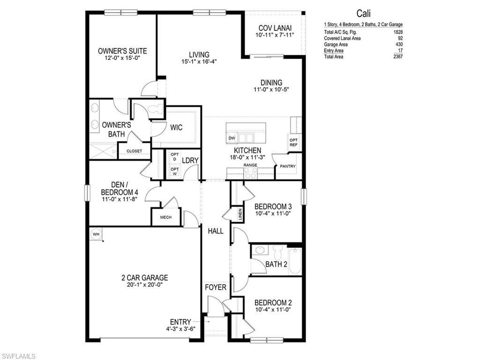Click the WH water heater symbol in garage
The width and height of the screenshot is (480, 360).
(96, 234)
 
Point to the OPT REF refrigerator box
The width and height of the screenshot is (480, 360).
(293, 142)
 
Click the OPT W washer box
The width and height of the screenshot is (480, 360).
(174, 172)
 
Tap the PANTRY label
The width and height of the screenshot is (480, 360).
(287, 166)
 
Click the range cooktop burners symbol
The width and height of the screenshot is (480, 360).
(250, 173)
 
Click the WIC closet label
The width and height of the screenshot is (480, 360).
(176, 127)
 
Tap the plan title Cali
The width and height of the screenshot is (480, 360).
(363, 14)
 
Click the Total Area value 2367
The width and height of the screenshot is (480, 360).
(398, 57)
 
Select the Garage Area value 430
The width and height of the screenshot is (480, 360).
(399, 45)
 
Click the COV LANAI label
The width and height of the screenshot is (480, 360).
(275, 28)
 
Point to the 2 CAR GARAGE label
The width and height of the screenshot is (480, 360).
(144, 277)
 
